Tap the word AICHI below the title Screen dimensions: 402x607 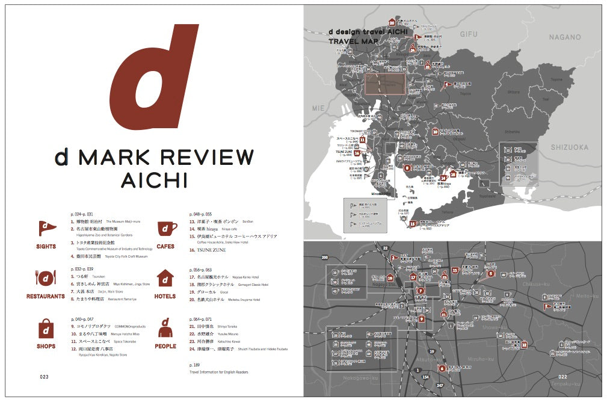click(153, 180)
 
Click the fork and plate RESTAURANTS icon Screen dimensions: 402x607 click(45, 278)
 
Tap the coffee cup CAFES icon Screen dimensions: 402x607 click(167, 229)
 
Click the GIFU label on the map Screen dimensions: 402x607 click(468, 34)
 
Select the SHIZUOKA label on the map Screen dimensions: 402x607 click(568, 147)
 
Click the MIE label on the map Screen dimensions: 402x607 click(318, 108)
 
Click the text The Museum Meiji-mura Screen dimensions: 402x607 click(125, 221)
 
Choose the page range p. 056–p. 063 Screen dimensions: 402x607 click(200, 270)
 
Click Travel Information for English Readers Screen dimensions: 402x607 click(218, 372)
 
